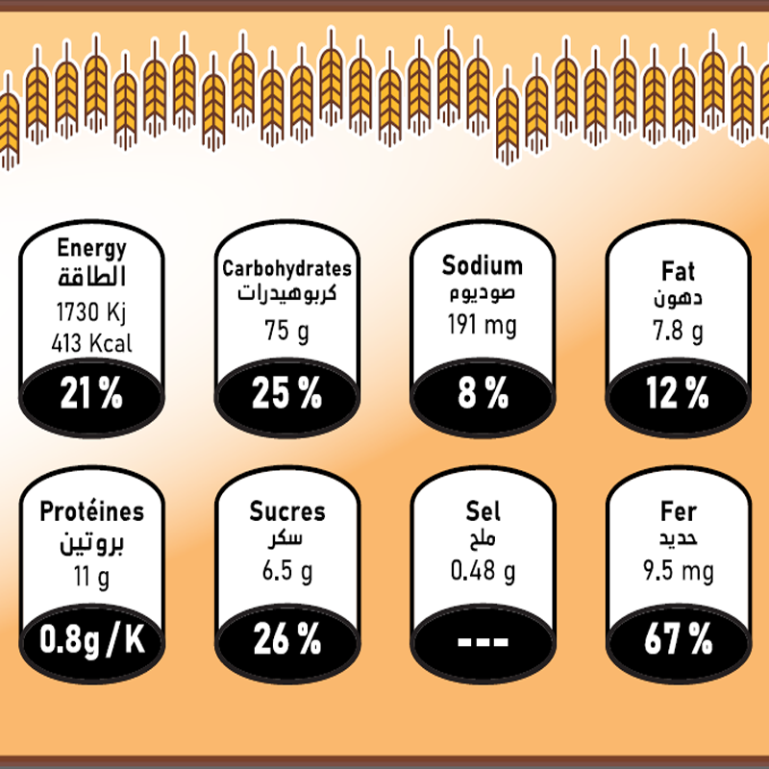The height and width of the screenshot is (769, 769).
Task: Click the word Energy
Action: (92, 249)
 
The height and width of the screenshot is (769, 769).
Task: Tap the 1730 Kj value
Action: (92, 312)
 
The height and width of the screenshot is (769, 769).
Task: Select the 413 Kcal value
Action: (93, 342)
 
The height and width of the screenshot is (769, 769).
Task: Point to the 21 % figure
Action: (92, 393)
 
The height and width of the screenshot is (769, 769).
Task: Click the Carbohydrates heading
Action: (286, 269)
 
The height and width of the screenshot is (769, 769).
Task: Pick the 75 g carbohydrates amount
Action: (285, 331)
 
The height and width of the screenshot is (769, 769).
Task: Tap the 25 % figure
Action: (286, 393)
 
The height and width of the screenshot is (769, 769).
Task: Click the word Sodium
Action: (482, 266)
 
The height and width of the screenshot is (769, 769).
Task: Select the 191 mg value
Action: (482, 326)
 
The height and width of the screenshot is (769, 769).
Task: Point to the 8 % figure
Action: (483, 393)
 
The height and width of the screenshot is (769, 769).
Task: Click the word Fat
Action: (678, 272)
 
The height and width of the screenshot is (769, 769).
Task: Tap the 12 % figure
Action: (678, 393)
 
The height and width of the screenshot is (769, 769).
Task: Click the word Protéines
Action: (92, 512)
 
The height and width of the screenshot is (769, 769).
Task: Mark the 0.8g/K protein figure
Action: (92, 639)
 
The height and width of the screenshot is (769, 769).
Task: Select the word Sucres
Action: (287, 512)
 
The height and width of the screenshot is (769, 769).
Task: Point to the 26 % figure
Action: (286, 639)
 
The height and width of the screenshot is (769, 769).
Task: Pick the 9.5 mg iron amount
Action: (679, 573)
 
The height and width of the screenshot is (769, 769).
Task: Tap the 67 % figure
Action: (678, 639)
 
